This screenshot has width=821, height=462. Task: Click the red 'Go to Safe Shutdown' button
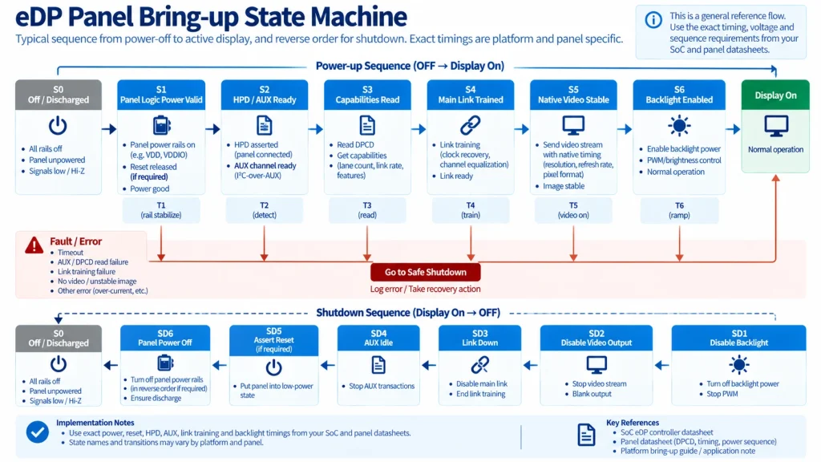(425, 272)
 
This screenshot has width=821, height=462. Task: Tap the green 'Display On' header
(775, 95)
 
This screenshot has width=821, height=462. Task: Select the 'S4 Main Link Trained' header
(470, 95)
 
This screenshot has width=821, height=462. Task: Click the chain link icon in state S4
(470, 126)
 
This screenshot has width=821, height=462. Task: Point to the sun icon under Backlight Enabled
(679, 126)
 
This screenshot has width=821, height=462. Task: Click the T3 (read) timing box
(367, 210)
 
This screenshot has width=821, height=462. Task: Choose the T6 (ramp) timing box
(679, 210)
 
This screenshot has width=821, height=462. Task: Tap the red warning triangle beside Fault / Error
(34, 245)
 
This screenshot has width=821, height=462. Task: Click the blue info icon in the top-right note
(653, 20)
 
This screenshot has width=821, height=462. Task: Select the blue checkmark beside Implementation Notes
(37, 432)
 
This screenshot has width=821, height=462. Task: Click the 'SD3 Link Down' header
(479, 338)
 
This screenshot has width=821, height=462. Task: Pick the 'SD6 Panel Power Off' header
(165, 338)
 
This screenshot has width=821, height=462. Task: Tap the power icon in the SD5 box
(273, 367)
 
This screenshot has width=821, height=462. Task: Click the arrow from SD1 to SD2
(661, 365)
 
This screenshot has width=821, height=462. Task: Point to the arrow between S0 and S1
(109, 129)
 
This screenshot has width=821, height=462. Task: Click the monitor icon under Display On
(775, 126)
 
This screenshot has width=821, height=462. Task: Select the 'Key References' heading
(633, 422)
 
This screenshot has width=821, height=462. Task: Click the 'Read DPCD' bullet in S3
(355, 144)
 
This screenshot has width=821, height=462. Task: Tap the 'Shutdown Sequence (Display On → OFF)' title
(408, 313)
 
